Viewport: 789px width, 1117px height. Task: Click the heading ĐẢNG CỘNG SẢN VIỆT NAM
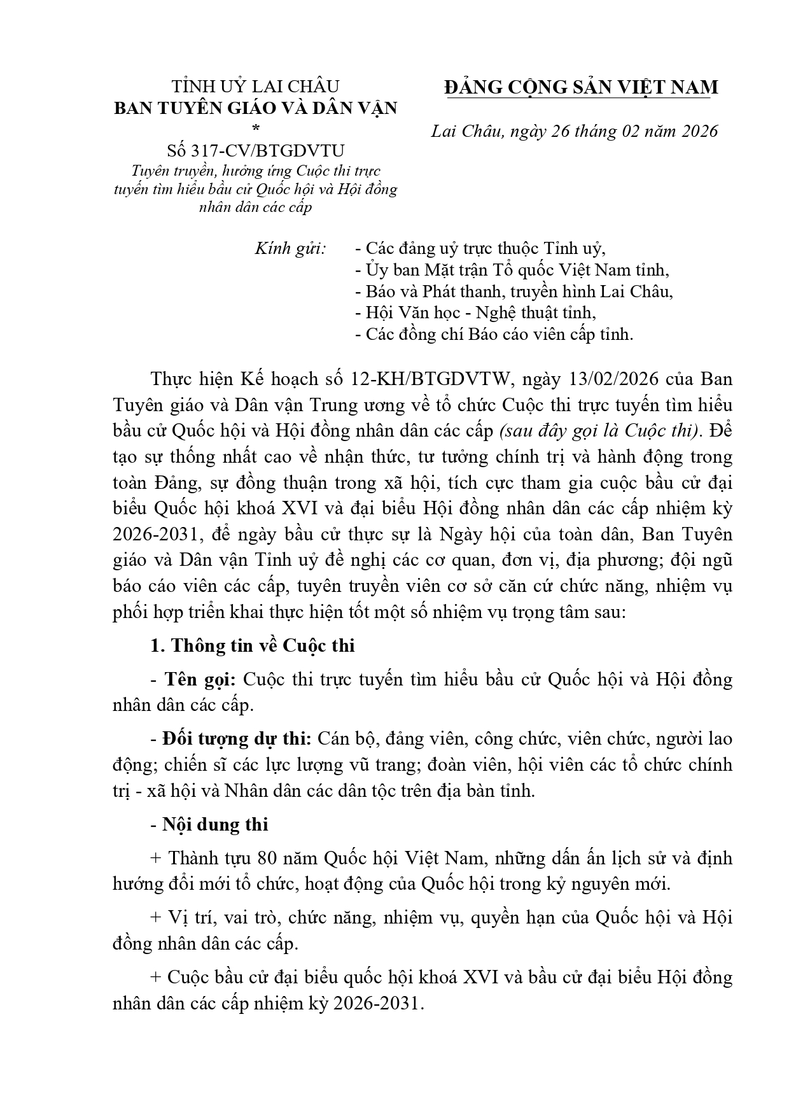click(x=581, y=87)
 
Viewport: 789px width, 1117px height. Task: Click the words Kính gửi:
click(x=290, y=249)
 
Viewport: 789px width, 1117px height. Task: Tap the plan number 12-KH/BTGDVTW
click(x=431, y=379)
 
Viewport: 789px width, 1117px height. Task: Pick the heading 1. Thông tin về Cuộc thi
click(x=253, y=645)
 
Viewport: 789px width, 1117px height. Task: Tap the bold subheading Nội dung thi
click(x=215, y=824)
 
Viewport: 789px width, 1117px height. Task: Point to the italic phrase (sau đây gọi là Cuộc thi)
click(x=600, y=431)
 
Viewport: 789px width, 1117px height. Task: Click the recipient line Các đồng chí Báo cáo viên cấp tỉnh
click(x=499, y=334)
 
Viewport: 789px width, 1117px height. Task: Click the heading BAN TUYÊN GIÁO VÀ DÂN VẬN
click(x=256, y=108)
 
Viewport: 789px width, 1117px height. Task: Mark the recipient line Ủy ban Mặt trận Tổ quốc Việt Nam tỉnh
click(x=517, y=270)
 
